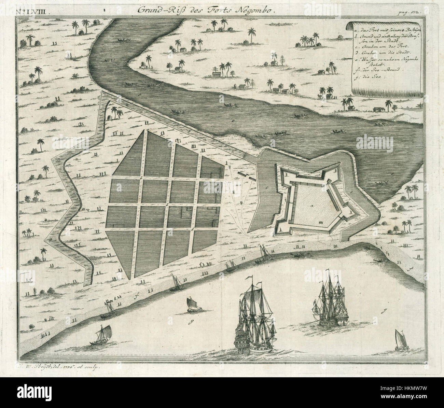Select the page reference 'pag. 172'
pyautogui.click(x=415, y=13)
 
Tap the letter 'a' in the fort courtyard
pyautogui.click(x=311, y=207)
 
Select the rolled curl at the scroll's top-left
pyautogui.click(x=350, y=26)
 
